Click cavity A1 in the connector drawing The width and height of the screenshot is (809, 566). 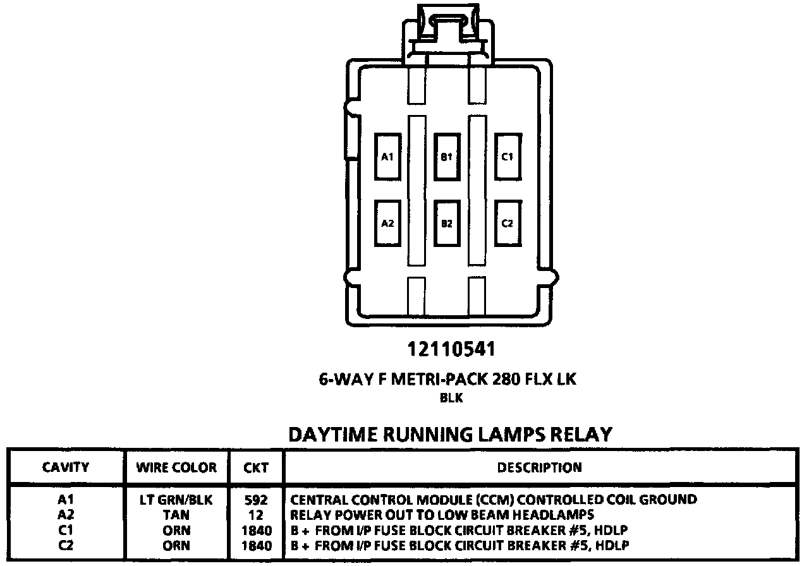pos(387,156)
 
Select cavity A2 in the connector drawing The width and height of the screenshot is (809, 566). pos(387,223)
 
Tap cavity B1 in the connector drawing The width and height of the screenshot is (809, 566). pos(447,156)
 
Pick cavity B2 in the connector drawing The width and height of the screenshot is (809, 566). pos(447,223)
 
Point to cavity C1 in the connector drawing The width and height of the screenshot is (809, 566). pos(507,156)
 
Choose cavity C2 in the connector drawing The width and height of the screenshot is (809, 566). pos(507,223)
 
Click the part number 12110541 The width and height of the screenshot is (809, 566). pos(451,349)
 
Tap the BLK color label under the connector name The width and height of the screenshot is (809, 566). pos(451,398)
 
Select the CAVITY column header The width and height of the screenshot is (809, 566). pos(66,467)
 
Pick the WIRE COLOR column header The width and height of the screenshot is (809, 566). pos(176,468)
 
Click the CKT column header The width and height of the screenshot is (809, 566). pos(256,468)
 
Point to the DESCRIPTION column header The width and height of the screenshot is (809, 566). pos(539,467)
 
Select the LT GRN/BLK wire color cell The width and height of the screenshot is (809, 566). pos(176,500)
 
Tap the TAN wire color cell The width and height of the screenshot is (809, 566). pos(176,515)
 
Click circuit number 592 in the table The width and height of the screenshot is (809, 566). pos(256,500)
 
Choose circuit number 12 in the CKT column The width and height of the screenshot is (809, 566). pos(256,515)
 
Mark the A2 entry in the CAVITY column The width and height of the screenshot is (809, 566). pos(66,515)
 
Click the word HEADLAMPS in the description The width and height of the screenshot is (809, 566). pos(554,515)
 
